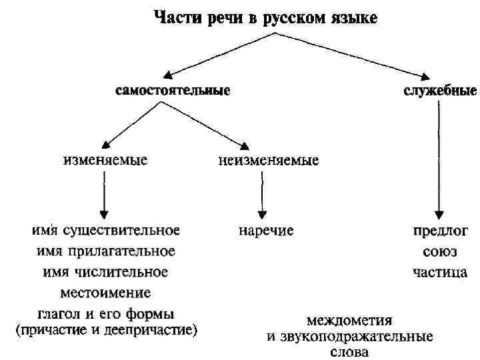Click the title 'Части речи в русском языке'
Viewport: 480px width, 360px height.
pos(265,18)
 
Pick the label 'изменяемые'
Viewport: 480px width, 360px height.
pos(105,161)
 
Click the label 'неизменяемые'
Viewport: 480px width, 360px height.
pos(268,161)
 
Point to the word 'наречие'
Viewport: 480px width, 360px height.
pos(266,231)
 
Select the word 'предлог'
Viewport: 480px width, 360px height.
pos(439,231)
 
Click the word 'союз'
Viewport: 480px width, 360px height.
pos(439,252)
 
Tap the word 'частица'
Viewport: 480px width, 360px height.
pos(439,272)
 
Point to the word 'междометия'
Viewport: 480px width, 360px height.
pos(349,319)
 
